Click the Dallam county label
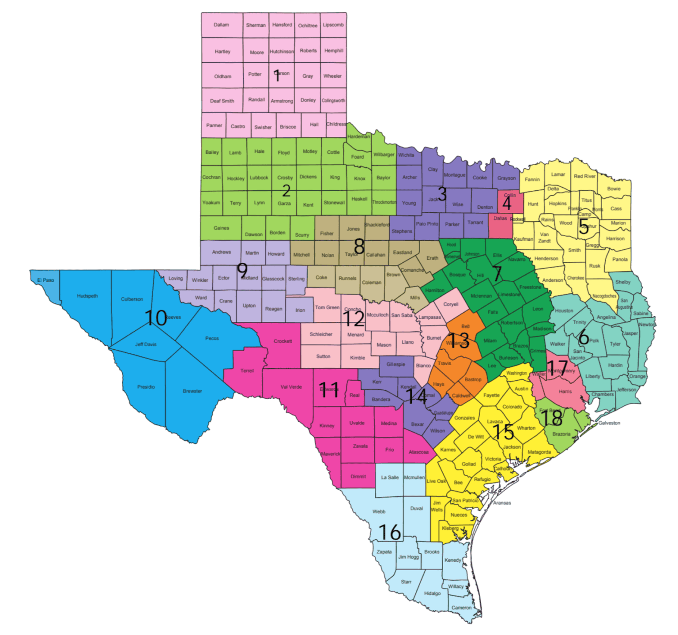point(221,25)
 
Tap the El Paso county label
point(45,280)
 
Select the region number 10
point(155,318)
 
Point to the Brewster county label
point(192,391)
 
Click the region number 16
point(390,532)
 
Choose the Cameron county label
point(461,608)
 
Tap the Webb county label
point(379,511)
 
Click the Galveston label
point(609,423)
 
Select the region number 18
point(552,417)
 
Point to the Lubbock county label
point(259,178)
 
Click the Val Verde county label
point(291,387)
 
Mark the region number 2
point(286,191)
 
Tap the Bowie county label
point(614,189)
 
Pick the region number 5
point(584,227)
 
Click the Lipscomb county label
point(333,25)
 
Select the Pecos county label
point(212,338)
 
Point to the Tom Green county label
point(327,307)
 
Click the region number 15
point(503,432)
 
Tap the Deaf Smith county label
point(222,101)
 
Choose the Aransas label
point(502,503)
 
